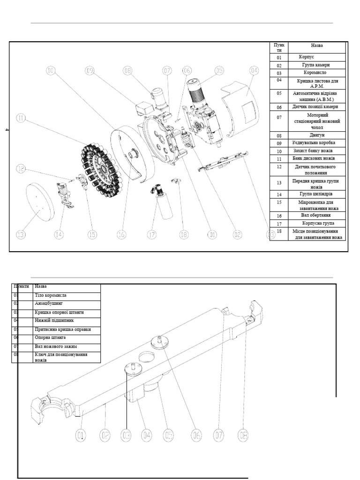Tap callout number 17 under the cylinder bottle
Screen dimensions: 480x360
click(151, 234)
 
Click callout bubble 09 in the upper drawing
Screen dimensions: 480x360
click(90, 71)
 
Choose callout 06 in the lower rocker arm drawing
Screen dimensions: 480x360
click(196, 435)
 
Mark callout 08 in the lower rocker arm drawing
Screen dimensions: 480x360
click(242, 435)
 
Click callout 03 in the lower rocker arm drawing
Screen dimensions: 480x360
click(126, 435)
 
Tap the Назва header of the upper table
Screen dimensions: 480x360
click(316, 46)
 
